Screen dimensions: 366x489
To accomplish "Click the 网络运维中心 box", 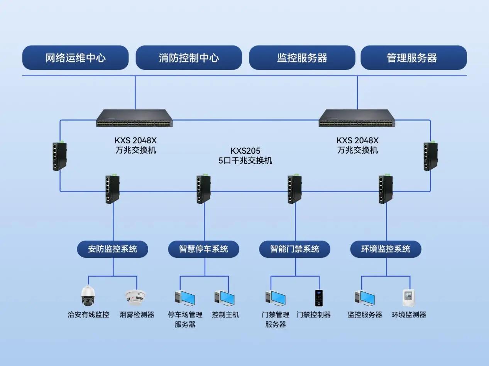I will tap(75, 58).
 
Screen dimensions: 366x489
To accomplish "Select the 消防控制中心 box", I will tap(189, 58).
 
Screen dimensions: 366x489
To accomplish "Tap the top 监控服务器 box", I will tap(302, 58).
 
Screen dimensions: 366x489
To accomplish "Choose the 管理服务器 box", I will tap(413, 58).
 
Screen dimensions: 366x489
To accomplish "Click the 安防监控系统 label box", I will tap(112, 249).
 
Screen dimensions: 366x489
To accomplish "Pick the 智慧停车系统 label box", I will tap(203, 249).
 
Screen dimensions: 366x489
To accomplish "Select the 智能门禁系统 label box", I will tap(294, 249).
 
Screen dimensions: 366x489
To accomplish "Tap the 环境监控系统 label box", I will tap(386, 249).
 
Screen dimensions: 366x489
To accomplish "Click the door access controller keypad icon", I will tap(318, 298).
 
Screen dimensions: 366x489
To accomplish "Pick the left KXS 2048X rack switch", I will tap(134, 118).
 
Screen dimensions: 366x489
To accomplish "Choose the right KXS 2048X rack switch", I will tap(357, 118).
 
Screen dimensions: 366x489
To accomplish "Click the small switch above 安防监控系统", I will tap(112, 189).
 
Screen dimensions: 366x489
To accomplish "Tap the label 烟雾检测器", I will tap(137, 315).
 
